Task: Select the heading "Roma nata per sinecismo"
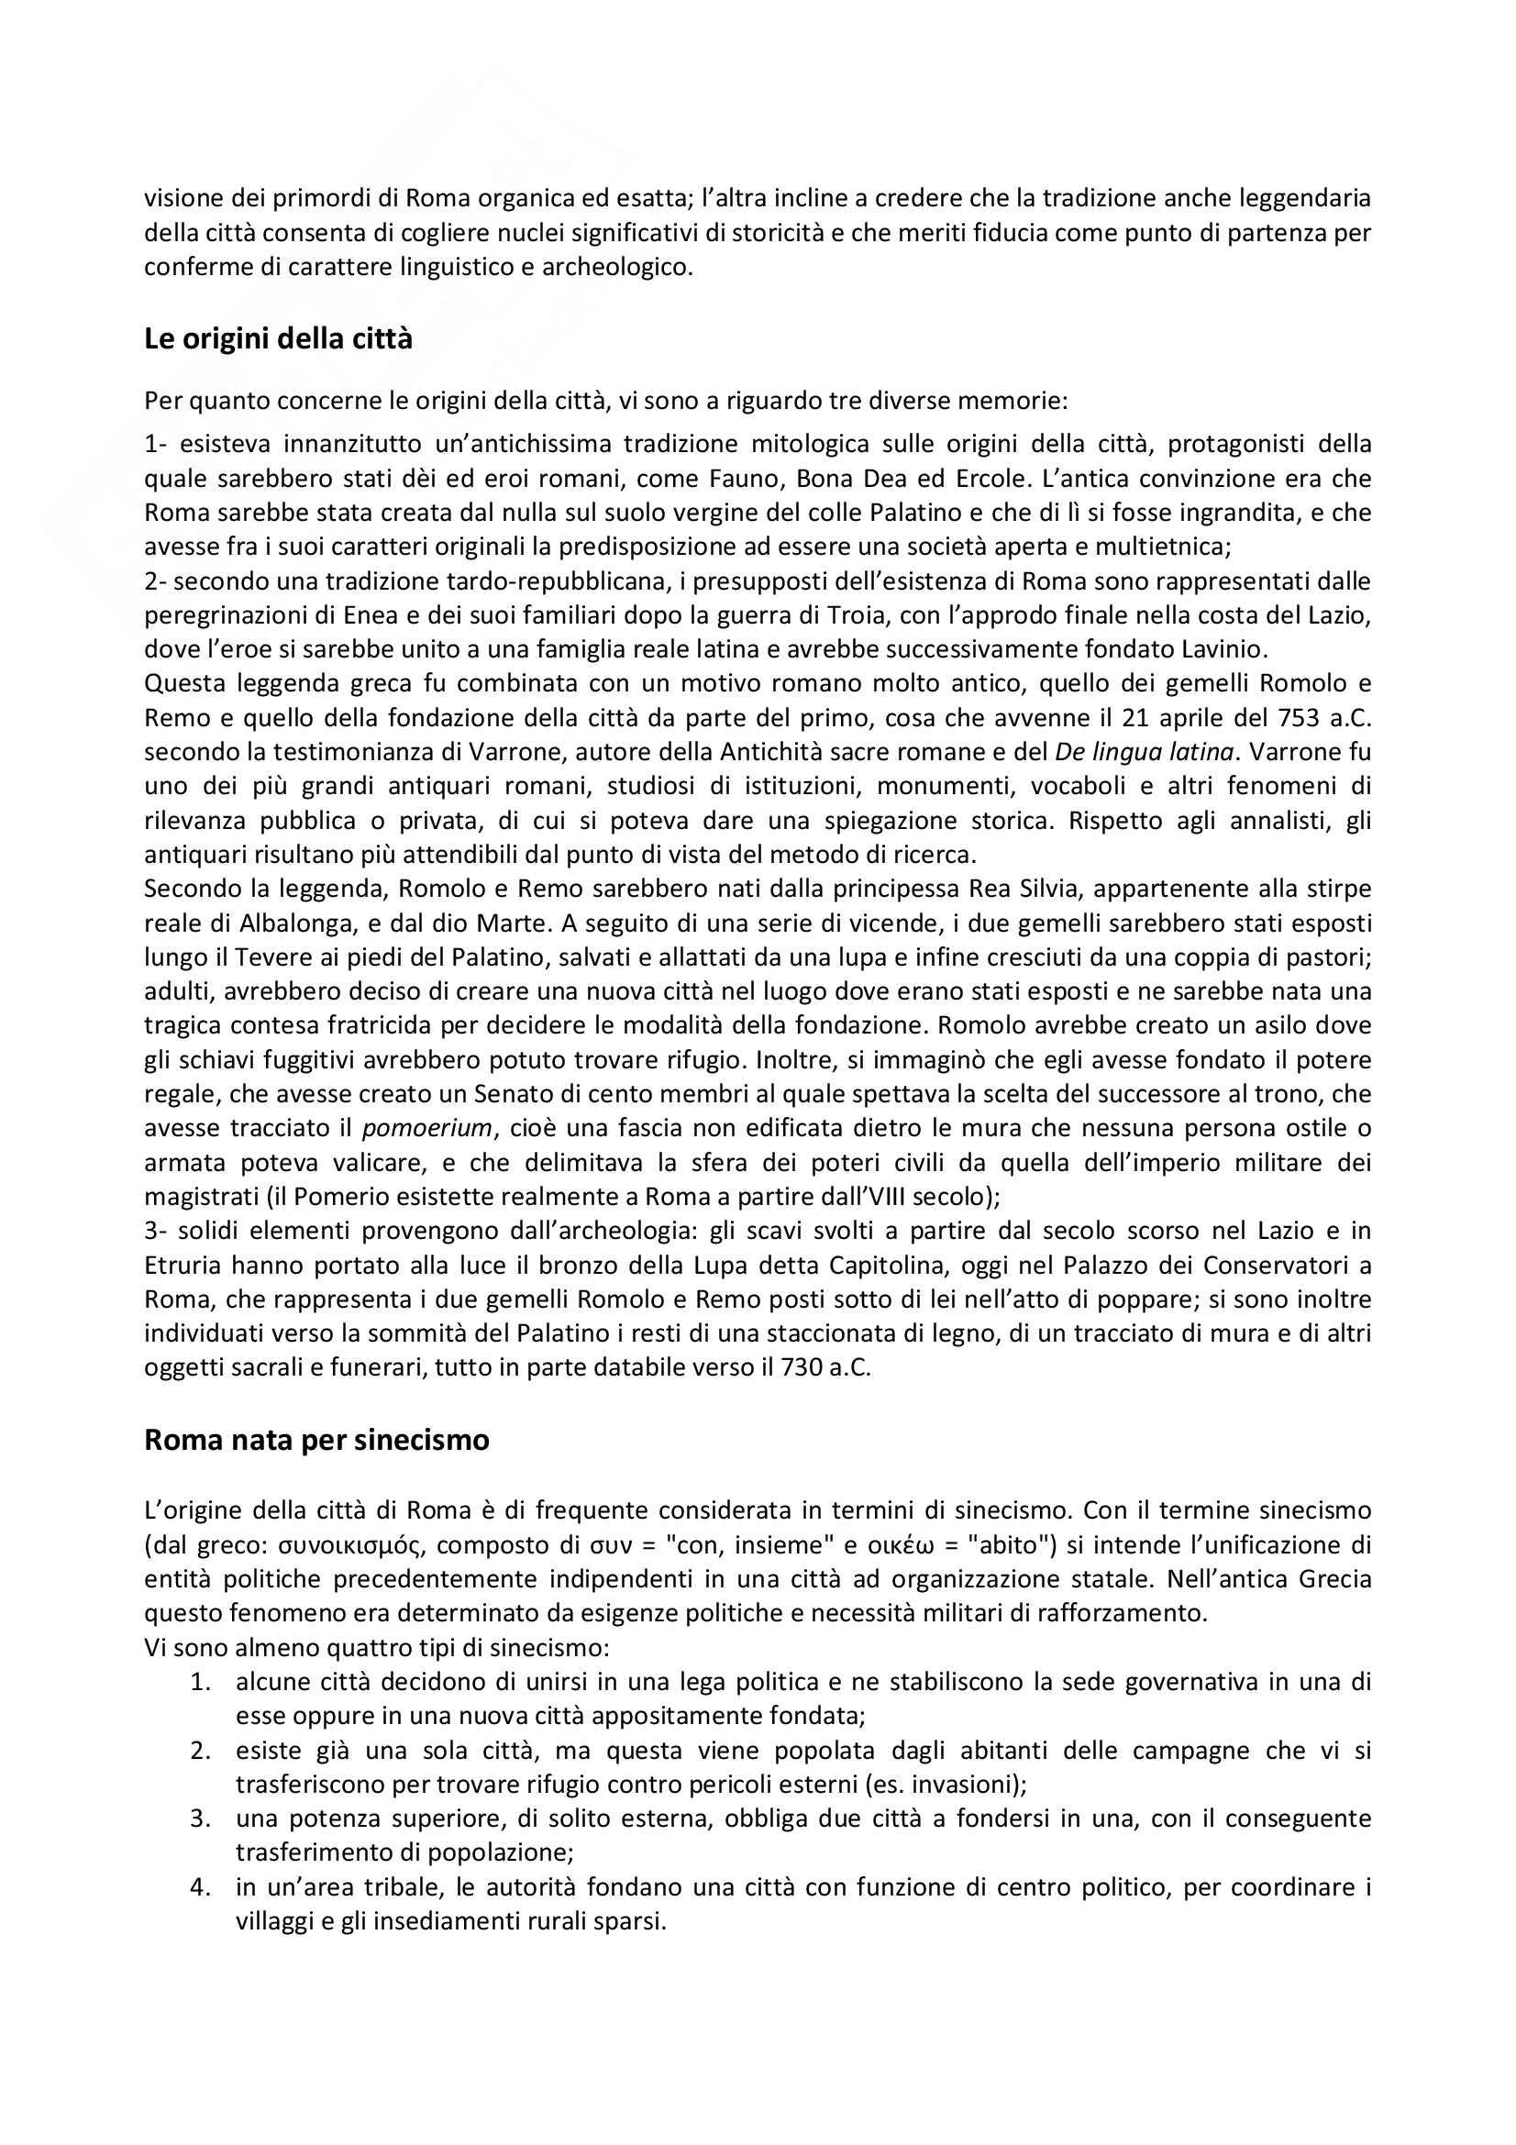coord(315,1440)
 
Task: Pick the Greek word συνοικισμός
coord(340,1545)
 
